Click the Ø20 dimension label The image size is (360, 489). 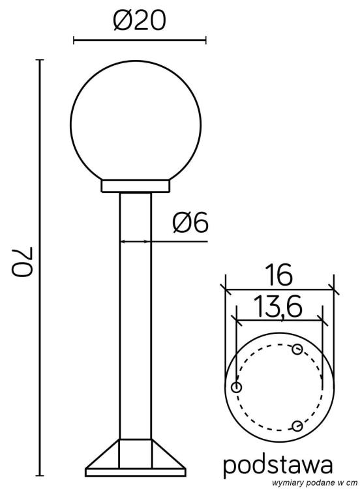click(139, 21)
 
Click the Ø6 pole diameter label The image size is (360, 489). click(189, 224)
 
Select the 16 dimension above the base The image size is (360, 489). click(278, 275)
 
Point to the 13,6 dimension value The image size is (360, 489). click(278, 306)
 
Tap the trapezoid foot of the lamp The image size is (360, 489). click(136, 457)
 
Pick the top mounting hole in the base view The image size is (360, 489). click(297, 350)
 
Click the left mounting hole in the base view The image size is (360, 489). click(237, 388)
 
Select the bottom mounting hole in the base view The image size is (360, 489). click(297, 426)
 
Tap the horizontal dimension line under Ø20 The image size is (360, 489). click(139, 40)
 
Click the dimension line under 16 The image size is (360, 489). click(278, 288)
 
